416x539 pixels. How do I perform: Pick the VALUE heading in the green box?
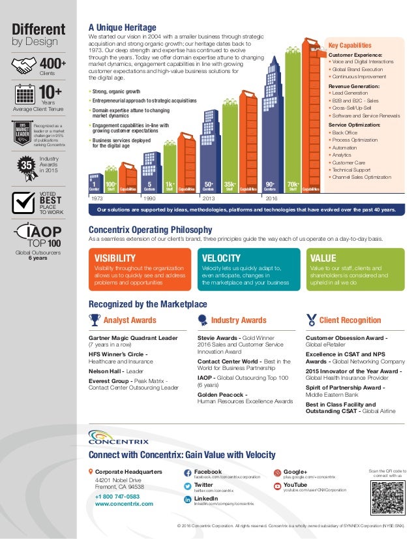pos(323,258)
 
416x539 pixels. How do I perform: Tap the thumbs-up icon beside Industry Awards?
pos(203,320)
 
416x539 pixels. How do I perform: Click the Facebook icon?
pos(188,472)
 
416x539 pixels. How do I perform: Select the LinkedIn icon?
pos(188,499)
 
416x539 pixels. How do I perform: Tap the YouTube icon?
pos(278,486)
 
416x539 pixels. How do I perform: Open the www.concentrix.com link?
pos(124,504)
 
